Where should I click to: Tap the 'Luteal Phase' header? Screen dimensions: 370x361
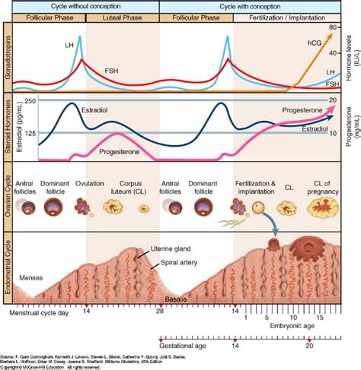[x=122, y=16]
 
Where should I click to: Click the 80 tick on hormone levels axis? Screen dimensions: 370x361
[x=333, y=27]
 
